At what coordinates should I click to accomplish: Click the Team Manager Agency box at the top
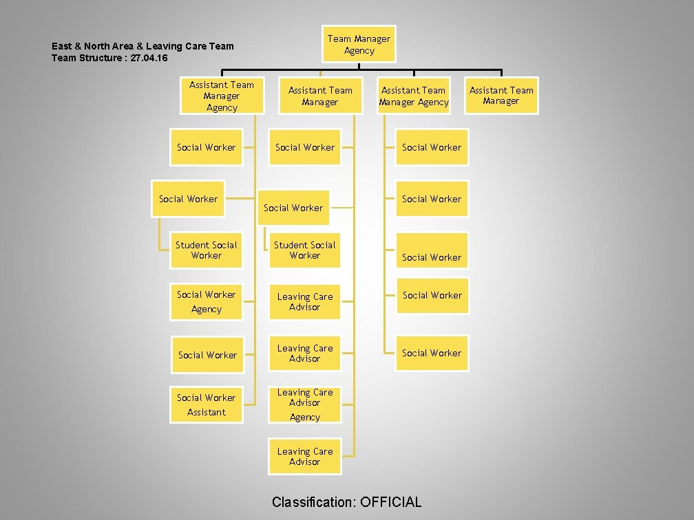[359, 44]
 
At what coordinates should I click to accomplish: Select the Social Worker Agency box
[207, 302]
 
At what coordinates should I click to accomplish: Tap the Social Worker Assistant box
[207, 404]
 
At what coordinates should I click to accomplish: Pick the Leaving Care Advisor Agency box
[304, 404]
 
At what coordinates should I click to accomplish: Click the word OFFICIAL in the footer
[390, 501]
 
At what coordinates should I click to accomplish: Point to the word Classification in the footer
[313, 501]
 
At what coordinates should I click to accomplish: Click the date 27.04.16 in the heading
[149, 58]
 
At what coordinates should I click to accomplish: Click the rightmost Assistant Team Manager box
[501, 96]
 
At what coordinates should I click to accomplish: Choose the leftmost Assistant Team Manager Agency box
[222, 96]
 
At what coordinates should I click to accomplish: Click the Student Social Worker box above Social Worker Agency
[207, 250]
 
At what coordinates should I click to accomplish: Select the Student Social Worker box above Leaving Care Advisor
[304, 250]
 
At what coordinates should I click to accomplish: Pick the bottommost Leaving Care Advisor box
[304, 457]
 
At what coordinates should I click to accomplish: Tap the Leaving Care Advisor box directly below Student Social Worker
[304, 302]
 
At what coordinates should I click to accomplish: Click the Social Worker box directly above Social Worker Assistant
[207, 354]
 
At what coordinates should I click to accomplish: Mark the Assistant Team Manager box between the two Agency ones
[320, 96]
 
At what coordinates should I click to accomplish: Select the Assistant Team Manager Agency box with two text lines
[414, 96]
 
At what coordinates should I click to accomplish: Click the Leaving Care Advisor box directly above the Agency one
[304, 354]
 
